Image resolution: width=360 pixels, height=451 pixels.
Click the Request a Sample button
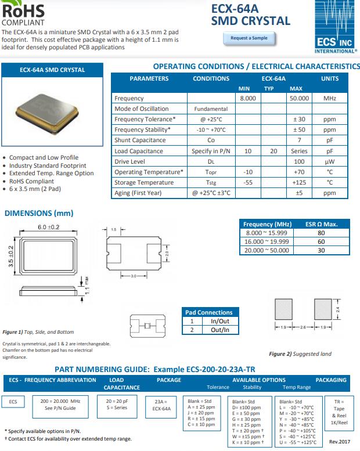pyautogui.click(x=249, y=38)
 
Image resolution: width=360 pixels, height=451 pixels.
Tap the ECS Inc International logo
pyautogui.click(x=334, y=27)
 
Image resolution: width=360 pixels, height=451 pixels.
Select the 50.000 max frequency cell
pyautogui.click(x=299, y=99)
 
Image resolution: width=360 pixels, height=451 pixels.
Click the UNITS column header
pyautogui.click(x=329, y=78)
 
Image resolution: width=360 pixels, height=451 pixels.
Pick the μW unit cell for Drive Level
pyautogui.click(x=329, y=161)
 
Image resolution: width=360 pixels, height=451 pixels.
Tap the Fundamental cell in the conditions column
pyautogui.click(x=211, y=109)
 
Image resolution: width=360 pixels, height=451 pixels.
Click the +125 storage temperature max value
pyautogui.click(x=299, y=182)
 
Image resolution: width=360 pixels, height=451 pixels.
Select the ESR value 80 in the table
pyautogui.click(x=321, y=233)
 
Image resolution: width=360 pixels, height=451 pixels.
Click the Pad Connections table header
pyautogui.click(x=208, y=312)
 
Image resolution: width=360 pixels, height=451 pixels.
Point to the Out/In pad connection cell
pyautogui.click(x=219, y=330)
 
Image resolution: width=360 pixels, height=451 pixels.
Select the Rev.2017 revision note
pyautogui.click(x=340, y=441)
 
